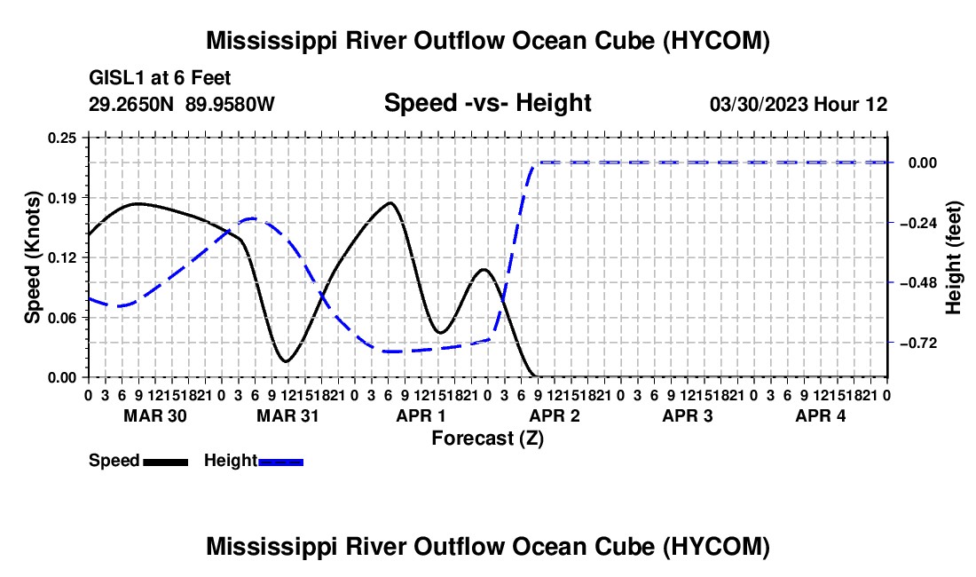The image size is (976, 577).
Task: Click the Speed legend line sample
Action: pos(166,462)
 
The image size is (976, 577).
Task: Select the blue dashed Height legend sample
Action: pos(280,462)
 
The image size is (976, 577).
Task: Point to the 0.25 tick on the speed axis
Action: pos(62,138)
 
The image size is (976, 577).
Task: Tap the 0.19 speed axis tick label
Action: pos(62,198)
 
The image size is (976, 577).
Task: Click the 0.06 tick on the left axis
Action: pos(62,318)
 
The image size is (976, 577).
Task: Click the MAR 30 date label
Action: pos(155,415)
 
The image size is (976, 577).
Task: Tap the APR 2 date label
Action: pos(555,415)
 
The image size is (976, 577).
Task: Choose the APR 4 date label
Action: pos(821,415)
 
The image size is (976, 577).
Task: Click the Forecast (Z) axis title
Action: pos(487,439)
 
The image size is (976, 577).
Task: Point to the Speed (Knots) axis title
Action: pos(32,257)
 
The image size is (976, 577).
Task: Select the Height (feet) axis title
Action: pos(953,257)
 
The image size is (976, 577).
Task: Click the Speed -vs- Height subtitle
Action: pos(487,103)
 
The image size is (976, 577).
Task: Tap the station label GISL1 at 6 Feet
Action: pos(160,78)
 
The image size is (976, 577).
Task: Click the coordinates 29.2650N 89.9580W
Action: pos(182,104)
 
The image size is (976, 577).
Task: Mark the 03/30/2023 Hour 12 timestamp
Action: pos(799,104)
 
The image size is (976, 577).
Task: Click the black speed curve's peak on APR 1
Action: pos(390,202)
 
